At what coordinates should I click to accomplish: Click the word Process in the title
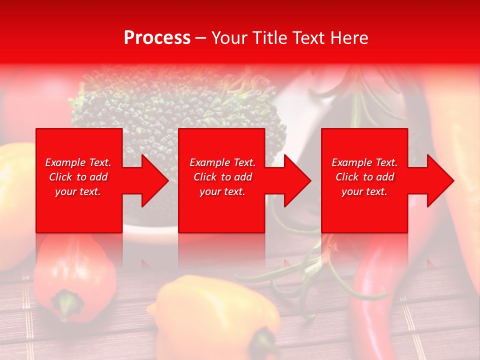coord(157,38)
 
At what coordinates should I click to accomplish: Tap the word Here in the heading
coord(348,38)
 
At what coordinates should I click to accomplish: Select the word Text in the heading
coord(309,38)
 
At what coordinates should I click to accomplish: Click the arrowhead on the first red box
coord(153,180)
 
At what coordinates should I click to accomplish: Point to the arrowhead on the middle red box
coord(295,180)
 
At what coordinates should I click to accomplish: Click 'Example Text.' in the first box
coord(78,162)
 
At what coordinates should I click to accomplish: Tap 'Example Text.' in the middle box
coord(222,162)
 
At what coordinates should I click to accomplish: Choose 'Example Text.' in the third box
coord(364,162)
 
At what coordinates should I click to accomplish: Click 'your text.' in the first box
coord(78,191)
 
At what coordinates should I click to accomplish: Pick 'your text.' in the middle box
coord(222,191)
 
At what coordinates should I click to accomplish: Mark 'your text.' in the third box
coord(364,191)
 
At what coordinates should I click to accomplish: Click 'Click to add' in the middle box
coord(222,177)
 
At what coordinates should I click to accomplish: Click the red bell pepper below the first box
coord(75,280)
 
